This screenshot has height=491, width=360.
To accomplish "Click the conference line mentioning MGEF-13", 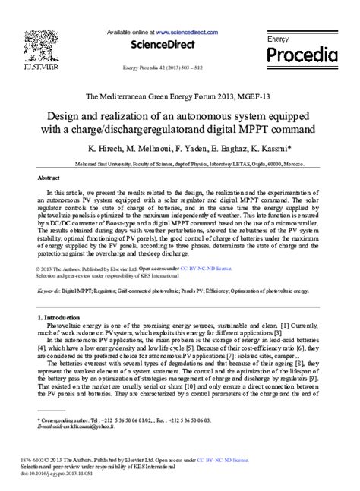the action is click(x=179, y=97).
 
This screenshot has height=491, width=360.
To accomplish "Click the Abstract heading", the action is click(x=49, y=175).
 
